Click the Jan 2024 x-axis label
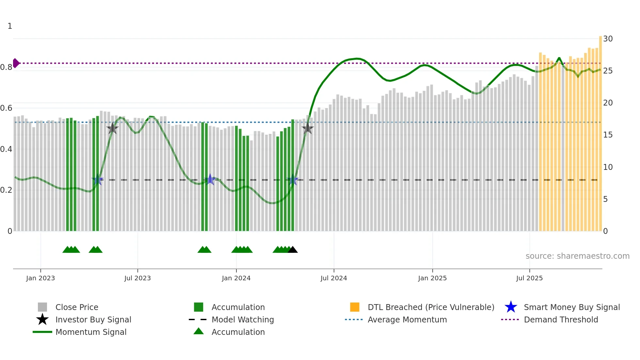[x=236, y=278]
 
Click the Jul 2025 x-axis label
[x=529, y=278]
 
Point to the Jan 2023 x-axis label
[x=40, y=278]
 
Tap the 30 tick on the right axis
[x=608, y=39]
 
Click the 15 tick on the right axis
[x=608, y=135]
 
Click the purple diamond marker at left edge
[x=16, y=63]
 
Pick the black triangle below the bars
[x=293, y=250]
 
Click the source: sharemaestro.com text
[x=577, y=256]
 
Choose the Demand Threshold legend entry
[x=561, y=320]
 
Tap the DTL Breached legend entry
[x=431, y=307]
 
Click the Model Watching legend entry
[x=242, y=320]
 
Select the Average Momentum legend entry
[x=407, y=320]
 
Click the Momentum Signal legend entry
[x=91, y=332]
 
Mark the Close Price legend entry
[x=76, y=307]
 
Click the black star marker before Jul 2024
[x=307, y=129]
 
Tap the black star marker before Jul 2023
[x=112, y=129]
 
